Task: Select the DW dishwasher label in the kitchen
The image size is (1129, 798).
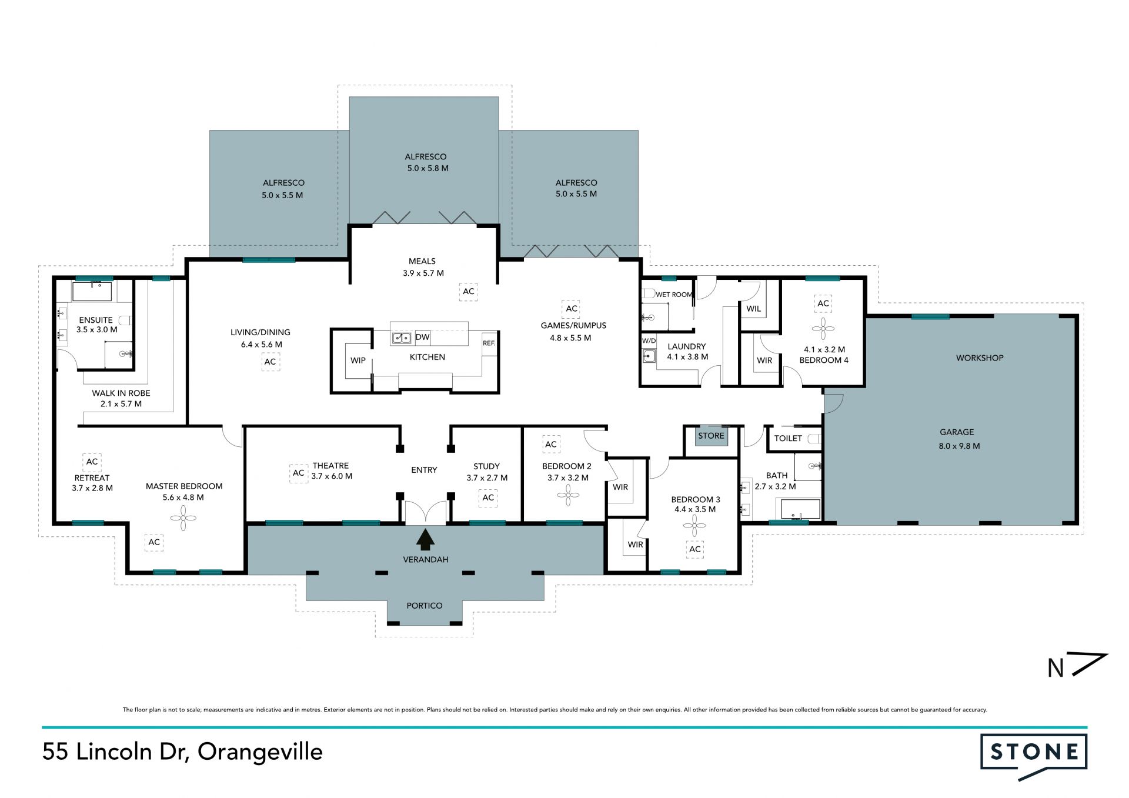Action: (422, 337)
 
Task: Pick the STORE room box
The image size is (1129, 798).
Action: (711, 436)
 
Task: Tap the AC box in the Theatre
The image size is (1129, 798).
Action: (299, 473)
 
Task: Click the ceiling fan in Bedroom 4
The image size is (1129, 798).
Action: (823, 329)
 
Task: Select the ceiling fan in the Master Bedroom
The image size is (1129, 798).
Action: (183, 518)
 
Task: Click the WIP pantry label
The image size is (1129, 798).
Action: (358, 360)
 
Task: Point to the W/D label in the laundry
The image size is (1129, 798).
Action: (649, 340)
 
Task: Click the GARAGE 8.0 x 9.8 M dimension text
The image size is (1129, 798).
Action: (959, 446)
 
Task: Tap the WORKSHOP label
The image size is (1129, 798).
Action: (980, 358)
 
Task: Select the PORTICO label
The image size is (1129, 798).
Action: (424, 606)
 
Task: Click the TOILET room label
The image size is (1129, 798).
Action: (788, 438)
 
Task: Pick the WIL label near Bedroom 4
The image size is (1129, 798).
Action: (753, 309)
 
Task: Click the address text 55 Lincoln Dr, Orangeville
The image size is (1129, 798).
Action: (182, 752)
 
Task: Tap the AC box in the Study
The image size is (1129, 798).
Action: (488, 498)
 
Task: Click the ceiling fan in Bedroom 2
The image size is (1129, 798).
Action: (568, 495)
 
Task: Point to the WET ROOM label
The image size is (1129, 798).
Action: (674, 295)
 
